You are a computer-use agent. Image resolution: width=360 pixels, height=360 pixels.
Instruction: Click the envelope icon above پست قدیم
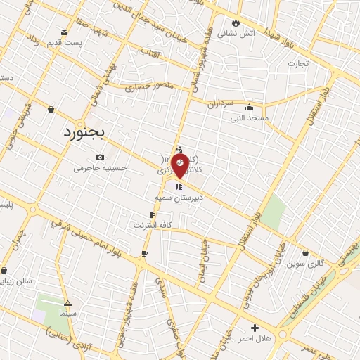pos(65,32)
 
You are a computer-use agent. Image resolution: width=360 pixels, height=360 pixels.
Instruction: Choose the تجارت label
pos(299,63)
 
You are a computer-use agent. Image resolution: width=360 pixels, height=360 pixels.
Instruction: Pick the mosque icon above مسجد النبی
pos(250,108)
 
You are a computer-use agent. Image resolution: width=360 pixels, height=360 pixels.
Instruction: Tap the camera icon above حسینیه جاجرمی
pos(101,157)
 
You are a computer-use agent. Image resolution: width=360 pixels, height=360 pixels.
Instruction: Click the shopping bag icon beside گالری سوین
pos(305,252)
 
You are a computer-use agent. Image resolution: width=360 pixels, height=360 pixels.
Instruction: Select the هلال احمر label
pos(255,339)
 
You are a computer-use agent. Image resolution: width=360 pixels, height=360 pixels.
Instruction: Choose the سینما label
pos(67,311)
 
